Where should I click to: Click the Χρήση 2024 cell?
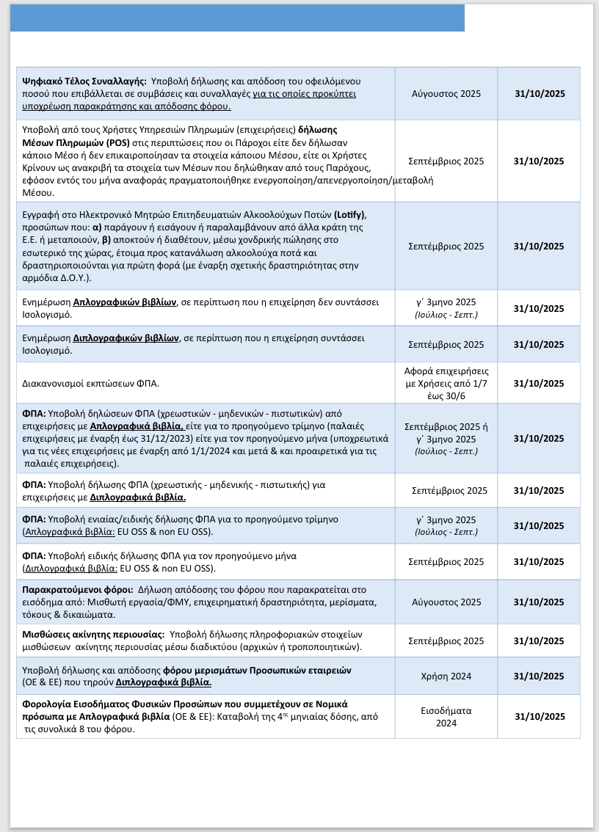click(x=446, y=676)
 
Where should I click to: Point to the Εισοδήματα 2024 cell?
click(x=446, y=716)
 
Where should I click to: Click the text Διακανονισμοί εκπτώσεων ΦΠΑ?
click(x=91, y=383)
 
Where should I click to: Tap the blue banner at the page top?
click(x=237, y=18)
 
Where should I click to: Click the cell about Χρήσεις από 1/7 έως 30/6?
click(x=446, y=382)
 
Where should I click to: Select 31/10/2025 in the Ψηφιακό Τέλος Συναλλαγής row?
click(x=540, y=93)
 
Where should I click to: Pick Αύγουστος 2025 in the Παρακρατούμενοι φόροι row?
click(x=446, y=602)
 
